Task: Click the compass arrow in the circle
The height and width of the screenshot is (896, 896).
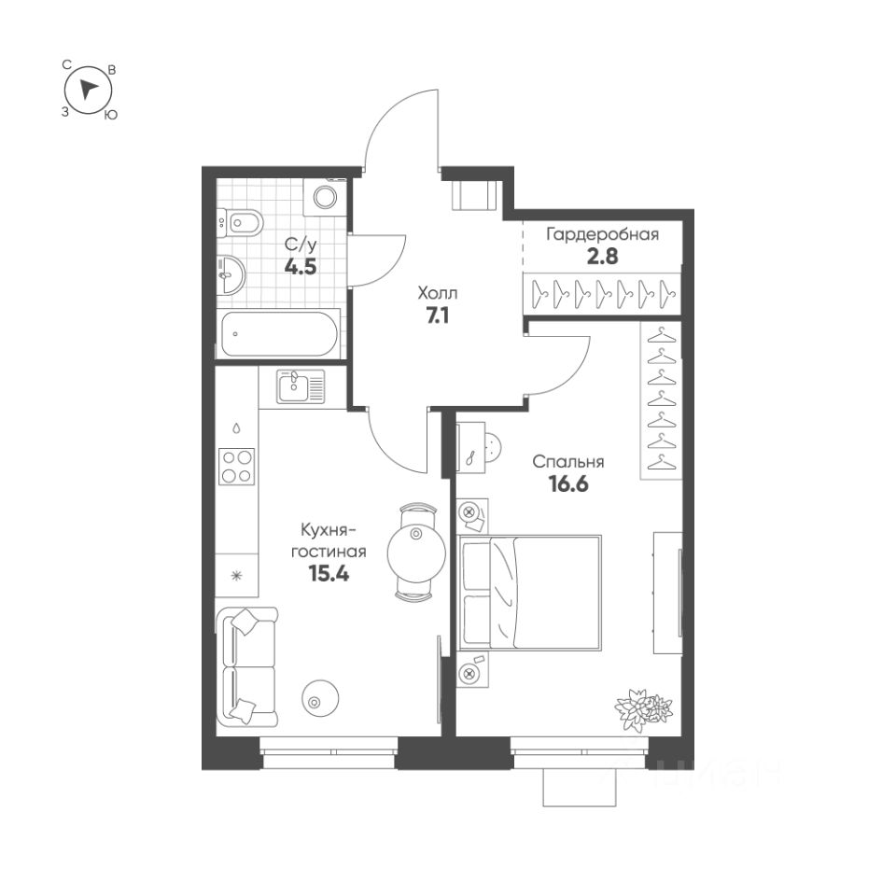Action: click(x=87, y=90)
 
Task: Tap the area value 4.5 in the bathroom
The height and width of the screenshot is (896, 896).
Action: click(x=301, y=266)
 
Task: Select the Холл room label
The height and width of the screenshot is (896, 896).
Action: click(x=438, y=294)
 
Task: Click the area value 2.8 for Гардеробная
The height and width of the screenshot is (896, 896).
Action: click(x=602, y=256)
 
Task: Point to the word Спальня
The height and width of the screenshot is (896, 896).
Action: click(x=568, y=462)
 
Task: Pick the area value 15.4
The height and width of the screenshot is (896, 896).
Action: click(x=329, y=572)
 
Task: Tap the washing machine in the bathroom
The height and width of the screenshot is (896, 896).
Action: click(x=325, y=196)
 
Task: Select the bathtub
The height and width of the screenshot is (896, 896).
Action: click(x=279, y=334)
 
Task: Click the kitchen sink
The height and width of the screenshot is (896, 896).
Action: click(x=301, y=385)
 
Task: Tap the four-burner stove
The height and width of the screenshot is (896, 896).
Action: click(x=236, y=467)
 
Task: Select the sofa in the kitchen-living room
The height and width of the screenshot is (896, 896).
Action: click(x=247, y=666)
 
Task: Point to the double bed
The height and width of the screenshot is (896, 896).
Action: click(x=530, y=593)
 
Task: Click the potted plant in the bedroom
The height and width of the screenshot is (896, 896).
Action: click(x=643, y=708)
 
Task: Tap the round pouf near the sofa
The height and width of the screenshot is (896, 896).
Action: click(x=320, y=697)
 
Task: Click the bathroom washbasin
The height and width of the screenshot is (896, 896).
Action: click(x=231, y=274)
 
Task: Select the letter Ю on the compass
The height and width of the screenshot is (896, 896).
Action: click(x=111, y=115)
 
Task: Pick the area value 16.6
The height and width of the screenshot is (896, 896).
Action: click(x=568, y=484)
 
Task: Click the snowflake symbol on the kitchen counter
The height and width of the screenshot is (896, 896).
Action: click(x=236, y=576)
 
